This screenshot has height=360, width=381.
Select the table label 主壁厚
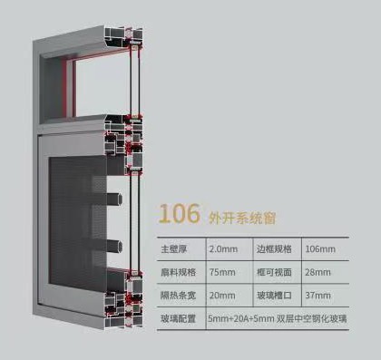pos(176,248)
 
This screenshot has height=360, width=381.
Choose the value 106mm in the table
pos(321,248)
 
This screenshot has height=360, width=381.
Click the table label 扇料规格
pos(176,272)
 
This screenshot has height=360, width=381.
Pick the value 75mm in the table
pos(220,272)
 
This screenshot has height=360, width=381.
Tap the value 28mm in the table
pos(319,272)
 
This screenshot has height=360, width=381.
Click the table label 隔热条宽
pos(176,296)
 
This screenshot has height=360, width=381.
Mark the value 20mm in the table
pos(220,296)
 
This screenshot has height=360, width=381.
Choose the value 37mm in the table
pos(319,296)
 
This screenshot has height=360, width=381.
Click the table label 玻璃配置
pos(176,319)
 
